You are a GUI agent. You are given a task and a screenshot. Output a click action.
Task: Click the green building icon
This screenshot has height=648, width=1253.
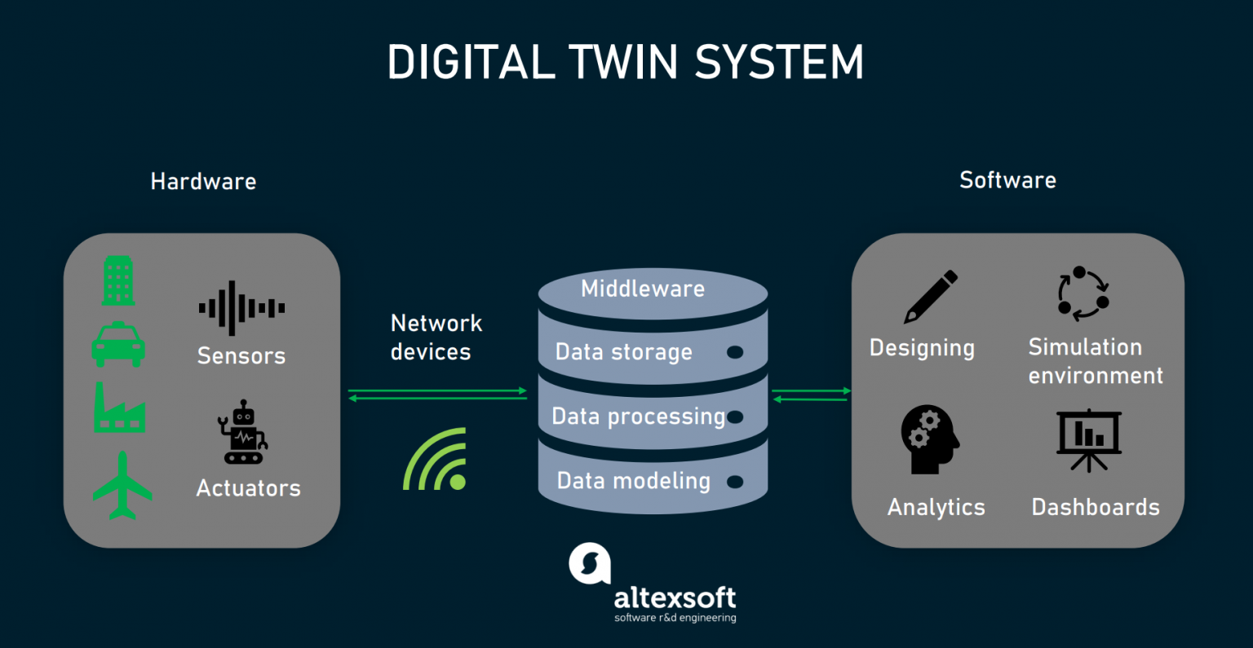pos(118,281)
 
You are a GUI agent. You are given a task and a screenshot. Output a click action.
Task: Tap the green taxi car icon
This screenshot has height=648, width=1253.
pos(118,345)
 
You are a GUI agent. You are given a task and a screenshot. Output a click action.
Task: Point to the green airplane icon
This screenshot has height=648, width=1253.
pos(122,486)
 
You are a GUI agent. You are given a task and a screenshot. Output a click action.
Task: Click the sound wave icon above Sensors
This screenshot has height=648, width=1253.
pos(241,308)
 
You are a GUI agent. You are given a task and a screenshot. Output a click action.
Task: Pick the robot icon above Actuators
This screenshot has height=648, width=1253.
pos(242,432)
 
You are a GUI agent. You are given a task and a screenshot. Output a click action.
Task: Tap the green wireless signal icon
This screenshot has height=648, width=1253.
pos(437,461)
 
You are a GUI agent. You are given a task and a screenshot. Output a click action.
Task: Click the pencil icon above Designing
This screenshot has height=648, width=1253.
pos(930,297)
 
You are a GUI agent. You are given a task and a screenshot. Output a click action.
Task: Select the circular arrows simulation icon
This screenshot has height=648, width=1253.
pos(1083,293)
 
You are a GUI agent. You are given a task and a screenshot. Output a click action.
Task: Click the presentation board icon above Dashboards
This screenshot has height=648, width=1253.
pos(1088,440)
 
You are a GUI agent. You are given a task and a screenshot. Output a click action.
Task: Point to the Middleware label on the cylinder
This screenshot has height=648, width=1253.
pos(643,289)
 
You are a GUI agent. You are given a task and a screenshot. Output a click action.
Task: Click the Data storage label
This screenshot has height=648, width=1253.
pos(623,352)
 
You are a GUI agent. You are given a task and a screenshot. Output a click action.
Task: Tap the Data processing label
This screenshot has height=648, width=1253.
pos(638,417)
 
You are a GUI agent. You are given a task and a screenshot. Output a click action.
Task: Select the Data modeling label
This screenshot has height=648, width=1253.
pos(633,481)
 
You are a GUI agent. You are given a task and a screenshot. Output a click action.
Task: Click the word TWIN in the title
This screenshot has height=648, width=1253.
pos(623,63)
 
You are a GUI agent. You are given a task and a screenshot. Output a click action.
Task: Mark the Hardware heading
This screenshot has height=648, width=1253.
pos(203,181)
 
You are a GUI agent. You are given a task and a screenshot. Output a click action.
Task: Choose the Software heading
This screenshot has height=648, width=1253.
pos(1007,180)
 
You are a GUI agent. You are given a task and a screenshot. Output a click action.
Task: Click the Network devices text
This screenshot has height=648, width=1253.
pos(436,337)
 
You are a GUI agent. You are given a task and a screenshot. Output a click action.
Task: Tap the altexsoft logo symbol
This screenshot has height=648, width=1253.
pos(589,563)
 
